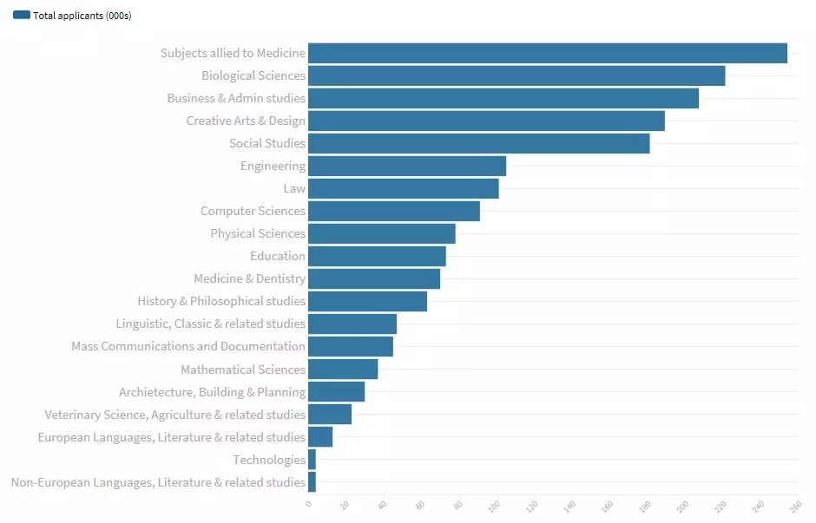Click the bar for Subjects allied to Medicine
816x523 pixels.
point(547,53)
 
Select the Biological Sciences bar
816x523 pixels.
point(517,75)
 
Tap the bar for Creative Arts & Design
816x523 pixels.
point(486,121)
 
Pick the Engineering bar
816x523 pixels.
point(407,166)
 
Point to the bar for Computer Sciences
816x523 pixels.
point(394,211)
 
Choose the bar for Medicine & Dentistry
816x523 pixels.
point(374,278)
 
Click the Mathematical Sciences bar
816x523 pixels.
point(343,369)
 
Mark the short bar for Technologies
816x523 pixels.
point(312,460)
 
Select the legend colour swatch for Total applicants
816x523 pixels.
point(22,16)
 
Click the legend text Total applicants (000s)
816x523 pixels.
point(82,16)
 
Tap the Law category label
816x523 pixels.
point(294,188)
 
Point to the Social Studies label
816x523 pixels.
point(267,143)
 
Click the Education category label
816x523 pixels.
point(278,256)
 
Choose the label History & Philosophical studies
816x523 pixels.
point(221,301)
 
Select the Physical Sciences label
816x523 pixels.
point(258,233)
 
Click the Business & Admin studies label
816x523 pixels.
point(236,98)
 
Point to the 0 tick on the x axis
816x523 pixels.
point(308,503)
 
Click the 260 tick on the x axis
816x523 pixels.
point(794,505)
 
